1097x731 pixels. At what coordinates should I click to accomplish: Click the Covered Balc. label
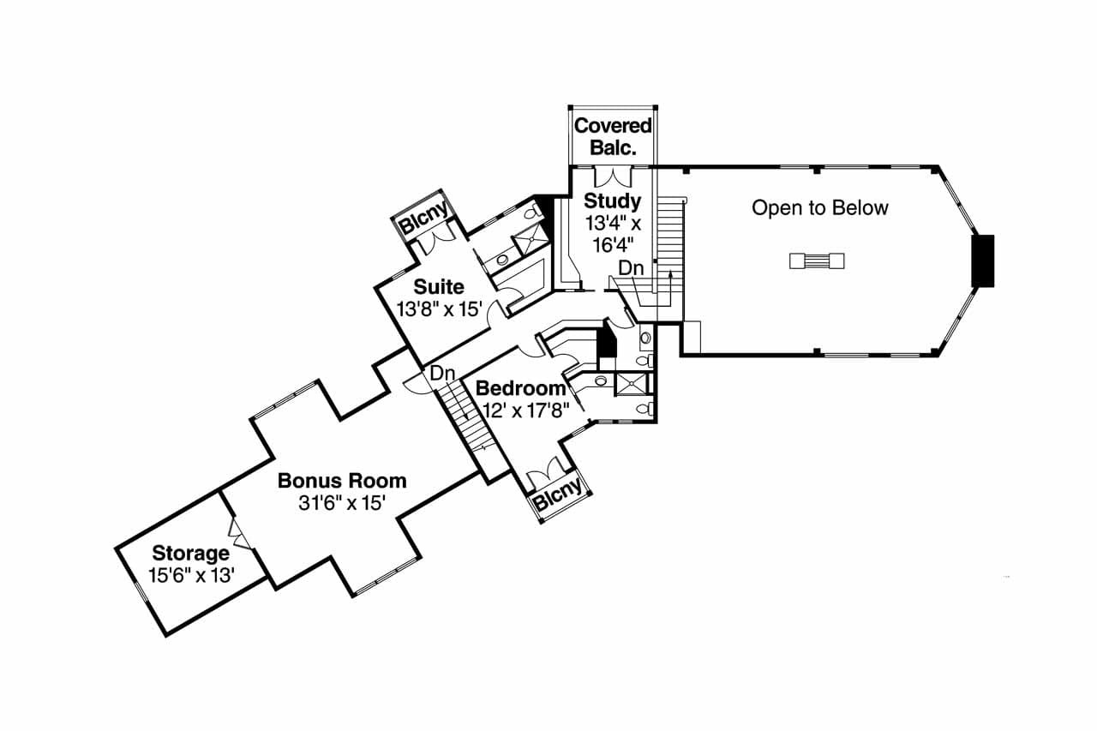click(613, 136)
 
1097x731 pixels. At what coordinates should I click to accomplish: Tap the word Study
click(612, 201)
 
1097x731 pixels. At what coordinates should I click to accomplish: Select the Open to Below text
click(819, 207)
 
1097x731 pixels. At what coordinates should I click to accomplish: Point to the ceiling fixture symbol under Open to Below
click(818, 261)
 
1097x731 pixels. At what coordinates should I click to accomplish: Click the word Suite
click(439, 286)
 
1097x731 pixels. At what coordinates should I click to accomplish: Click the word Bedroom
click(521, 388)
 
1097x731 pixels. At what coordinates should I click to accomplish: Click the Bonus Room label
click(342, 480)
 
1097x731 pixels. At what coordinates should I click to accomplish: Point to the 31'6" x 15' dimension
click(342, 503)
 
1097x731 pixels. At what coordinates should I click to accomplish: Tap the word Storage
click(190, 553)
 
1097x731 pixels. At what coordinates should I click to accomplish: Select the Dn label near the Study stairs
click(631, 268)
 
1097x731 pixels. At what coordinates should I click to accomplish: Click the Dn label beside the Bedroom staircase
click(442, 374)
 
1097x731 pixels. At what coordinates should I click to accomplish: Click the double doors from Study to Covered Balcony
click(613, 177)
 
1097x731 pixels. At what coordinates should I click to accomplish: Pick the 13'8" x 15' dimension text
click(440, 309)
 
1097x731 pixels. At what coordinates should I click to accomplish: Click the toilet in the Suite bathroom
click(533, 209)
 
